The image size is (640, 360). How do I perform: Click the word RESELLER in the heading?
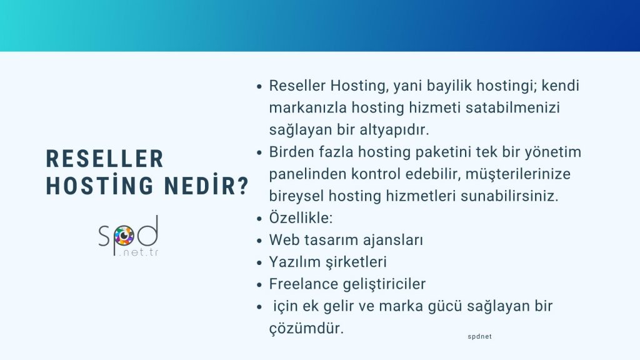[x=105, y=159]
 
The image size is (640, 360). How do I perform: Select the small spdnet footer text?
[x=479, y=336]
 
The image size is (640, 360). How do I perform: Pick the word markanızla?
[x=300, y=107]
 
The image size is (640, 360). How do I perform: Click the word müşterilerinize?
[x=514, y=174]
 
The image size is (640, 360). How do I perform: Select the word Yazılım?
[x=292, y=262]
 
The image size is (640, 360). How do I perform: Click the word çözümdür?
[x=306, y=328]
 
